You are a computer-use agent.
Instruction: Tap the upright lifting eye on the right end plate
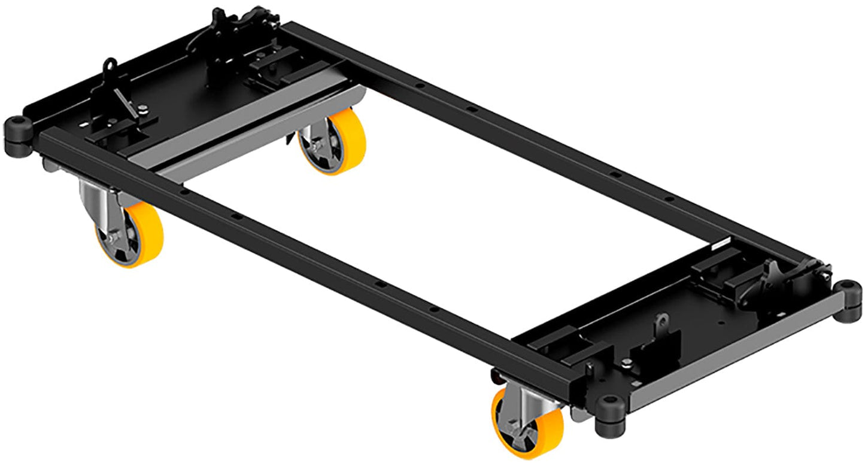661,324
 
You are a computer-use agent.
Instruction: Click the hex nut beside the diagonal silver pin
142,109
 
